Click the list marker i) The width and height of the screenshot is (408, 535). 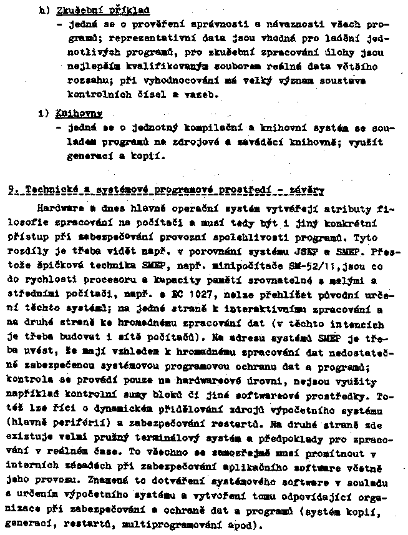42,115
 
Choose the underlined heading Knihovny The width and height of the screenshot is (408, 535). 71,115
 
